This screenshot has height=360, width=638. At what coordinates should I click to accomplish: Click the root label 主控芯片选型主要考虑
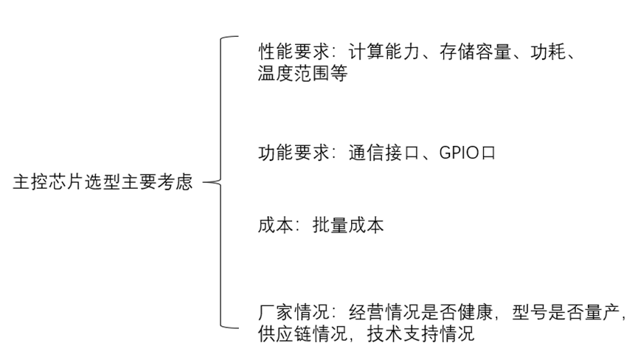click(103, 183)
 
